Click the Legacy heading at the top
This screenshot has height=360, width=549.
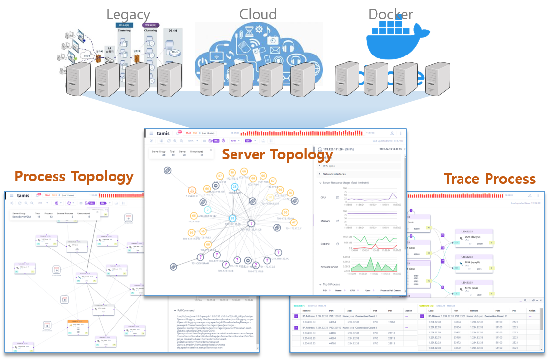tap(128, 14)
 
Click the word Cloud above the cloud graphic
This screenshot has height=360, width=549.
tap(258, 14)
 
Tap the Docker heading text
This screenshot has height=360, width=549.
tap(391, 14)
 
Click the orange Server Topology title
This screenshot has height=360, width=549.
tap(277, 154)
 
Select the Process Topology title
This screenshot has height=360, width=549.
tap(74, 176)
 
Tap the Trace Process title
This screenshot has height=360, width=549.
tap(490, 179)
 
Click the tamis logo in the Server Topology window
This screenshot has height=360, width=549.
tap(163, 133)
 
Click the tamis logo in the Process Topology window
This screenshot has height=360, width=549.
tap(23, 195)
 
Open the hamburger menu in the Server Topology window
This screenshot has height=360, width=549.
tap(151, 133)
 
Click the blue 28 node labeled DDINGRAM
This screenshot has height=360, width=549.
tap(235, 187)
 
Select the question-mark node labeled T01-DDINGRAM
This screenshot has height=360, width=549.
tap(201, 257)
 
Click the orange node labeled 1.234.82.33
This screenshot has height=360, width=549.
tap(193, 191)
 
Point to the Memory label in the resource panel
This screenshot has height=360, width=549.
tap(325, 221)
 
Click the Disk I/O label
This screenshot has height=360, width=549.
tap(326, 244)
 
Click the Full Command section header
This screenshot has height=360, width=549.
tap(187, 311)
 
